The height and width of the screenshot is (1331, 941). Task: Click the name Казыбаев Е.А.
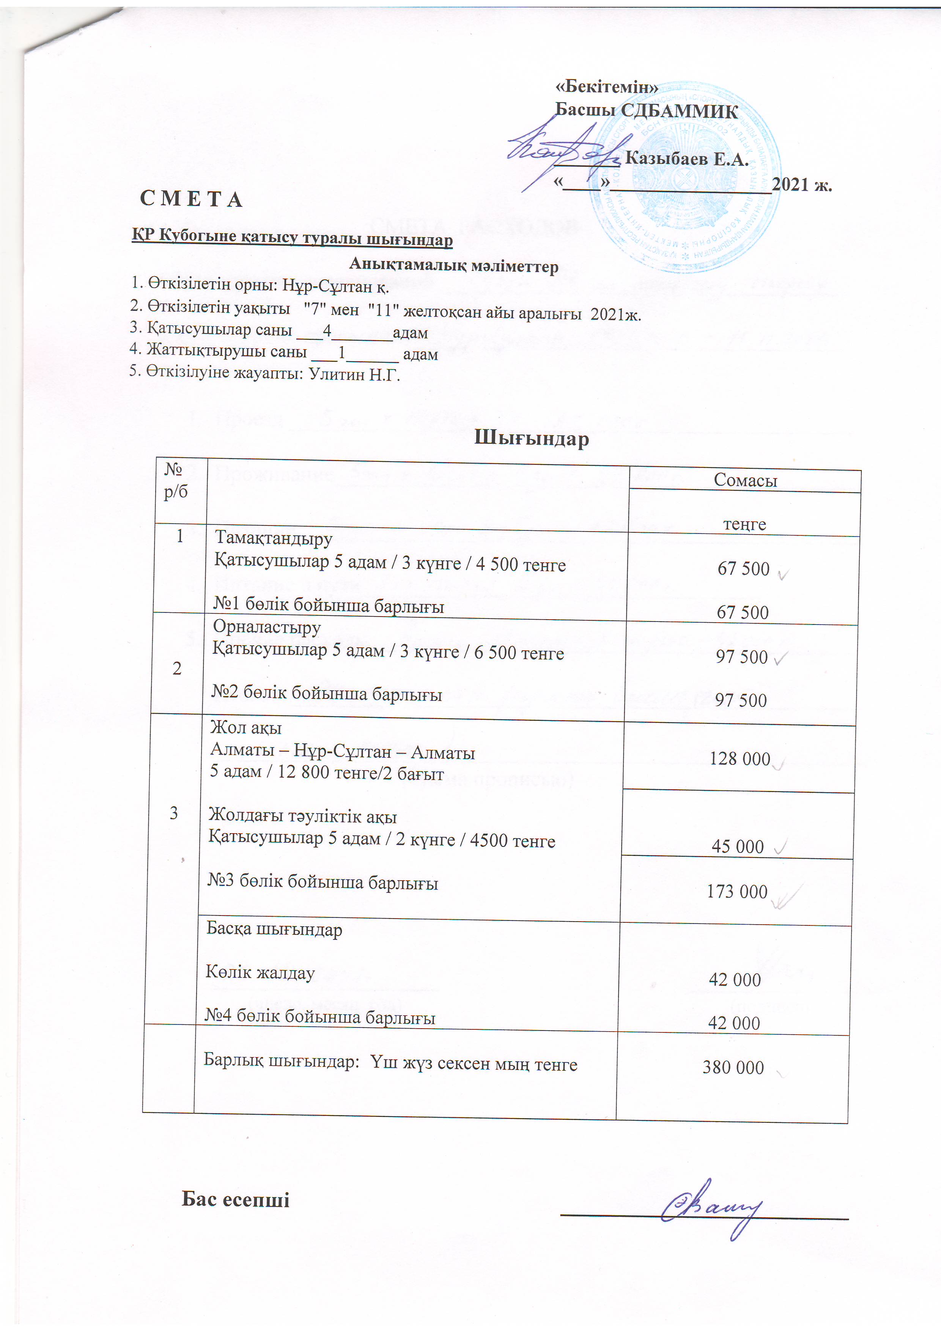click(686, 159)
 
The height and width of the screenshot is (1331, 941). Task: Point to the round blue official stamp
click(684, 186)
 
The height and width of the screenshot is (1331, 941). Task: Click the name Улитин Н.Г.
click(354, 374)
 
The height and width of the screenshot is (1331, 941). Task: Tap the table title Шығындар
click(531, 438)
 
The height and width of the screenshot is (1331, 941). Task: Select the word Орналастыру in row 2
click(267, 627)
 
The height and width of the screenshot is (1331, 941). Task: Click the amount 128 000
click(740, 759)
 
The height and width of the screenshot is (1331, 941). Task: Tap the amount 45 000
click(738, 846)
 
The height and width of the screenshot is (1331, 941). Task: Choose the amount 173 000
click(737, 892)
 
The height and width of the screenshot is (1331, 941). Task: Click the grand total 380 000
click(733, 1067)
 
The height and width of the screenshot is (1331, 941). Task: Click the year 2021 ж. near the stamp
click(803, 185)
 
